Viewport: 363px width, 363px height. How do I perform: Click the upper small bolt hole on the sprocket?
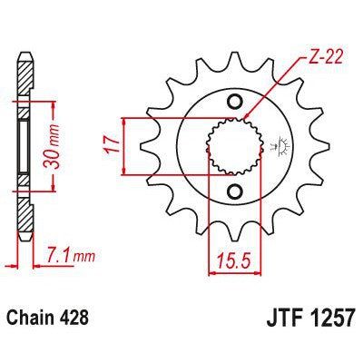tap(234, 100)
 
